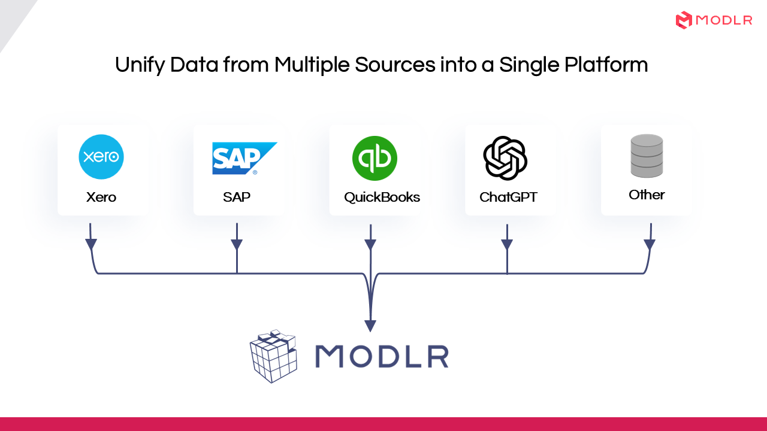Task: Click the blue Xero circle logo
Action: (101, 157)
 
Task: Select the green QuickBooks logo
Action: (375, 159)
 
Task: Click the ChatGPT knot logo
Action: (505, 158)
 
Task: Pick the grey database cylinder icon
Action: (647, 156)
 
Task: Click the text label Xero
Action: (101, 197)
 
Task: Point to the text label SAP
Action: (237, 197)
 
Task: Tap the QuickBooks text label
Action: (382, 197)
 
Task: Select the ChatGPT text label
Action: (508, 197)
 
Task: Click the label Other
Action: (647, 195)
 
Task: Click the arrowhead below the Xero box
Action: (90, 244)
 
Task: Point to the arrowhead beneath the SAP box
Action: (237, 244)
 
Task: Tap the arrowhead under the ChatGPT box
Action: (507, 244)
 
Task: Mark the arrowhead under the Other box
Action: (650, 244)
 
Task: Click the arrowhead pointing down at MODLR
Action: (371, 325)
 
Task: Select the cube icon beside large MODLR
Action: (274, 356)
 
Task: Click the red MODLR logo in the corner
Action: (714, 20)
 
